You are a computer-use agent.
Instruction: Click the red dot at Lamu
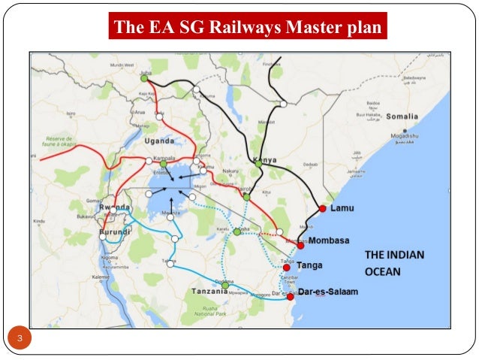pyautogui.click(x=323, y=208)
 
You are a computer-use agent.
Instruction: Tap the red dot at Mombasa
pyautogui.click(x=300, y=245)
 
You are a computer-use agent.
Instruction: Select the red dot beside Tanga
pyautogui.click(x=286, y=268)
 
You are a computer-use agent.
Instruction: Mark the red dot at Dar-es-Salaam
pyautogui.click(x=291, y=297)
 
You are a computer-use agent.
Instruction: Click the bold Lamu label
pyautogui.click(x=343, y=208)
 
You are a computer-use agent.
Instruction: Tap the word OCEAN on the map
pyautogui.click(x=384, y=271)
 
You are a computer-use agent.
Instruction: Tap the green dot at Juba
pyautogui.click(x=144, y=77)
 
